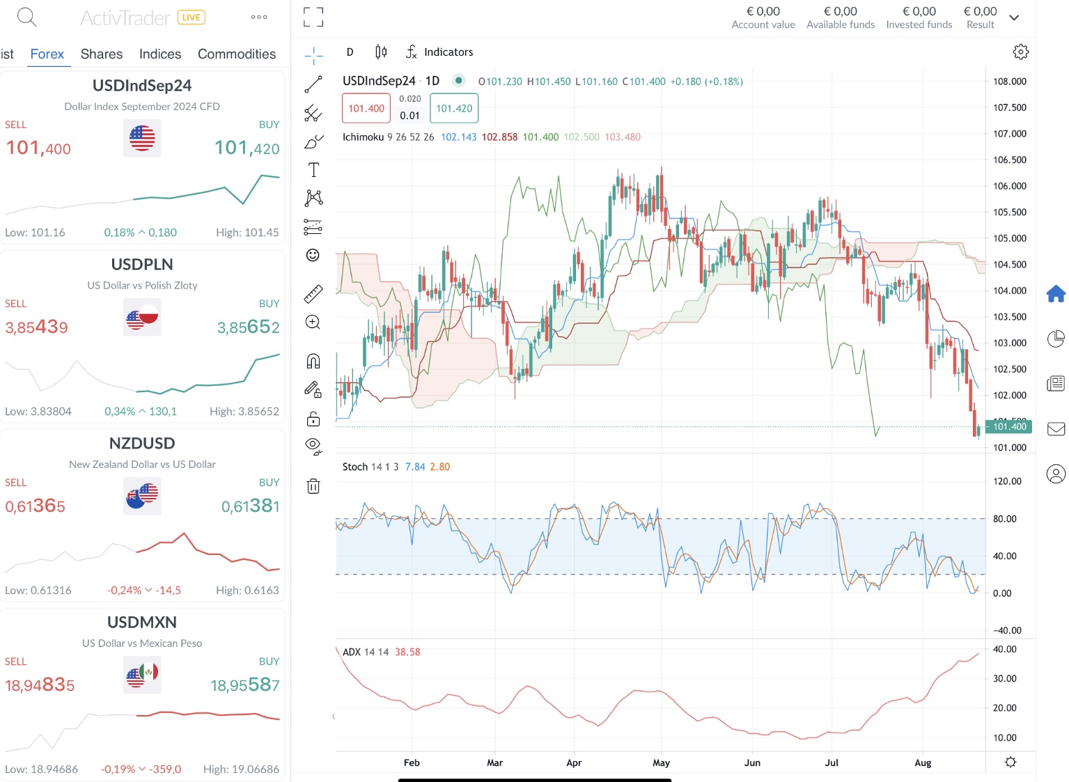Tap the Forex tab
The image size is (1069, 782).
[47, 54]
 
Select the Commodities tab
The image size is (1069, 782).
[236, 54]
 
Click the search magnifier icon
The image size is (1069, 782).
[26, 17]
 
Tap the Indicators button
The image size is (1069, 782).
[439, 52]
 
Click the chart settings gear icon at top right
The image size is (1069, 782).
[1020, 52]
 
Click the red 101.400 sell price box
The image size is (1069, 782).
[366, 109]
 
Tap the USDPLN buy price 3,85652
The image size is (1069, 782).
[248, 327]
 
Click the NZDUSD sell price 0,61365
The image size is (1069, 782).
[36, 506]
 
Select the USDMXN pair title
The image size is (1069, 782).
[142, 623]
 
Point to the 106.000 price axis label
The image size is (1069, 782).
[1009, 186]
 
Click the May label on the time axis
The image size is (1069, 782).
[661, 763]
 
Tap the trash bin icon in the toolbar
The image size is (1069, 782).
[313, 486]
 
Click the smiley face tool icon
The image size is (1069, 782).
[313, 256]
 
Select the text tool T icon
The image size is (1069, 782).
[313, 170]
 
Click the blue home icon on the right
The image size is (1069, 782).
[1056, 294]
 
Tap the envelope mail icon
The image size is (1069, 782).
[1056, 429]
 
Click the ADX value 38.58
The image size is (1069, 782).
[407, 652]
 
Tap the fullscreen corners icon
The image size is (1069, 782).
[313, 17]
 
